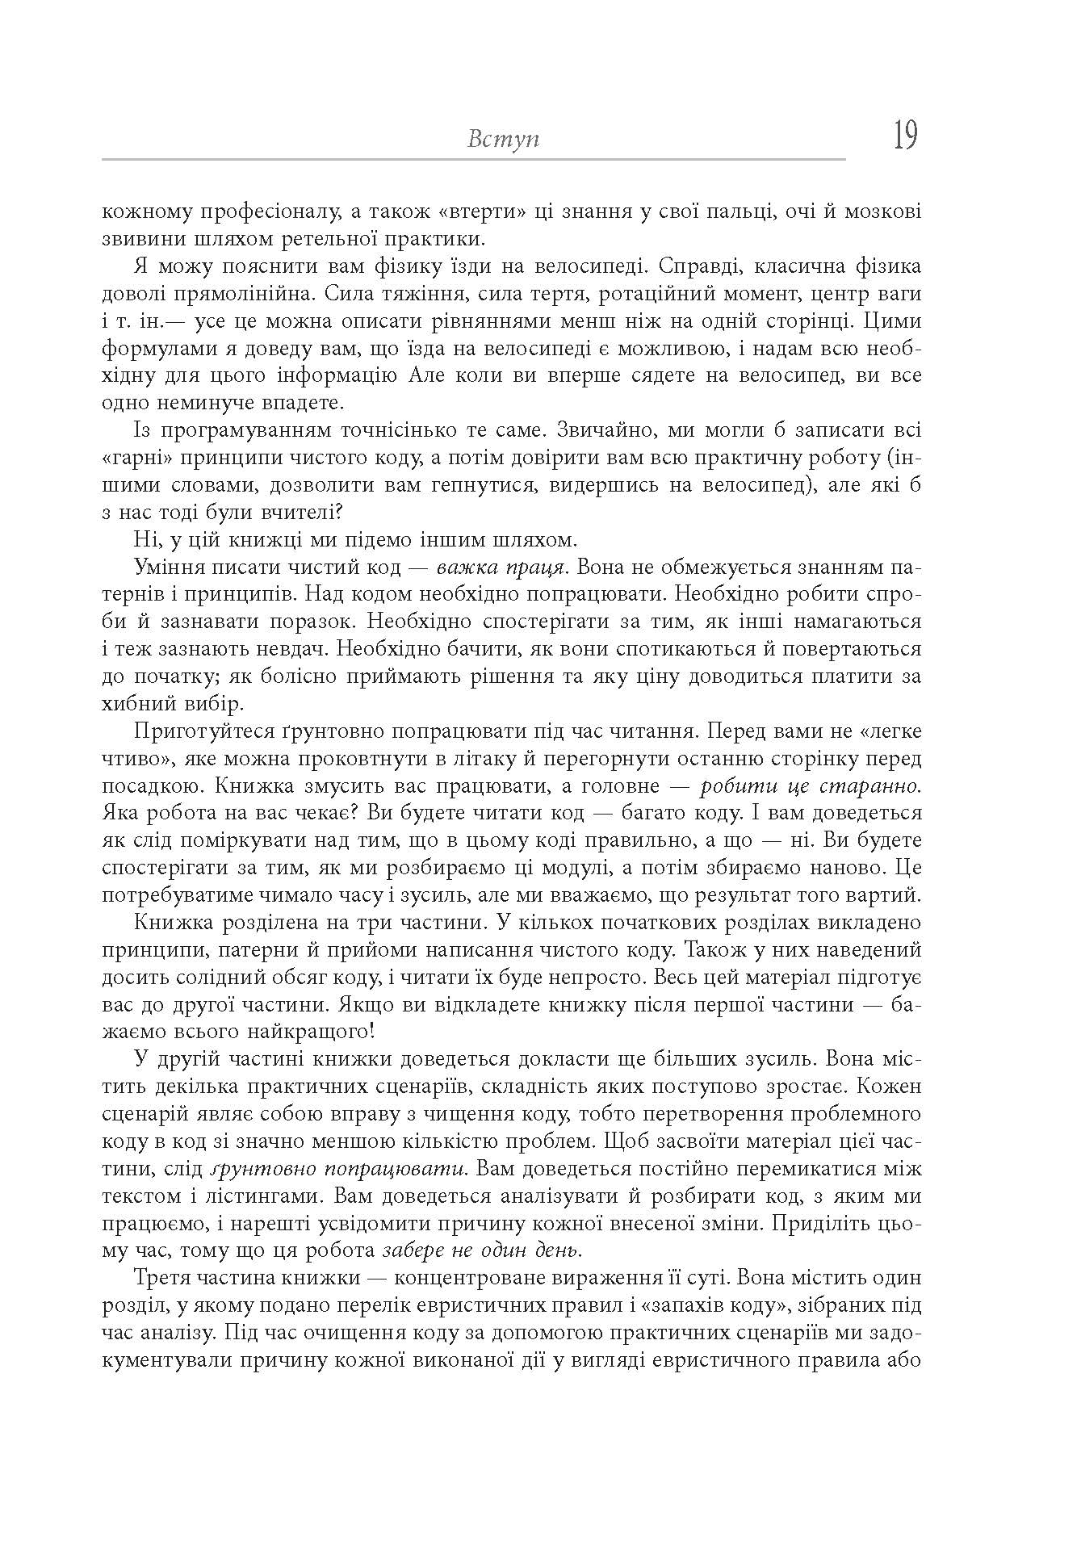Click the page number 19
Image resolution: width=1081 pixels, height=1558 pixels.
pos(905,135)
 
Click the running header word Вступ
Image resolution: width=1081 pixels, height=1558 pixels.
pos(503,139)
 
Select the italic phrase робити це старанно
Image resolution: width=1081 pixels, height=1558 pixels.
pos(811,786)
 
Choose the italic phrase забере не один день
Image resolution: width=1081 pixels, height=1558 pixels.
pos(483,1251)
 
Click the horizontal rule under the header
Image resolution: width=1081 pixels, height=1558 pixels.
pos(473,160)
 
